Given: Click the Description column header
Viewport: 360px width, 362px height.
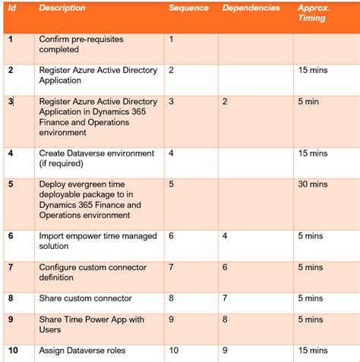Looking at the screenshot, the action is pos(62,8).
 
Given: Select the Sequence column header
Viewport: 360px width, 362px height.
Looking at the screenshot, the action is pos(188,8).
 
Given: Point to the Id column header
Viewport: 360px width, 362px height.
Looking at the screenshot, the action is pos(11,8).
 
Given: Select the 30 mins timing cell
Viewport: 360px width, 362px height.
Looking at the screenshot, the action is pos(313,184).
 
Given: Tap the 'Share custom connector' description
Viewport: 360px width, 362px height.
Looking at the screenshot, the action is pos(85,298).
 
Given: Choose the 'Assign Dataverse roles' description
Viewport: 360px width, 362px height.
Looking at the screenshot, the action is pos(82,350).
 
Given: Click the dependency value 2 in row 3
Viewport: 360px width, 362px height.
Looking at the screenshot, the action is pos(225,101).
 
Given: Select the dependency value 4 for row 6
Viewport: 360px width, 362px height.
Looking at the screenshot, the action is pos(225,236).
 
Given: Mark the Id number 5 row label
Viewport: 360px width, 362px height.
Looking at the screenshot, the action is pos(11,184).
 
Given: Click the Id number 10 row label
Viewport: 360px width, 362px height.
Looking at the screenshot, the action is pos(13,350).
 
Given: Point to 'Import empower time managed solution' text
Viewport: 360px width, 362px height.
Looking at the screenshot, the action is pos(93,241).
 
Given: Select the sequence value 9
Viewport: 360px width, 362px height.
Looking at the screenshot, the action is pos(171,319).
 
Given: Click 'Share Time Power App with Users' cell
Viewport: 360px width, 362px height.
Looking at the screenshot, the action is pos(91,324).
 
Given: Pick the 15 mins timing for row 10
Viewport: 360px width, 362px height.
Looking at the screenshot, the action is pos(313,350).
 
